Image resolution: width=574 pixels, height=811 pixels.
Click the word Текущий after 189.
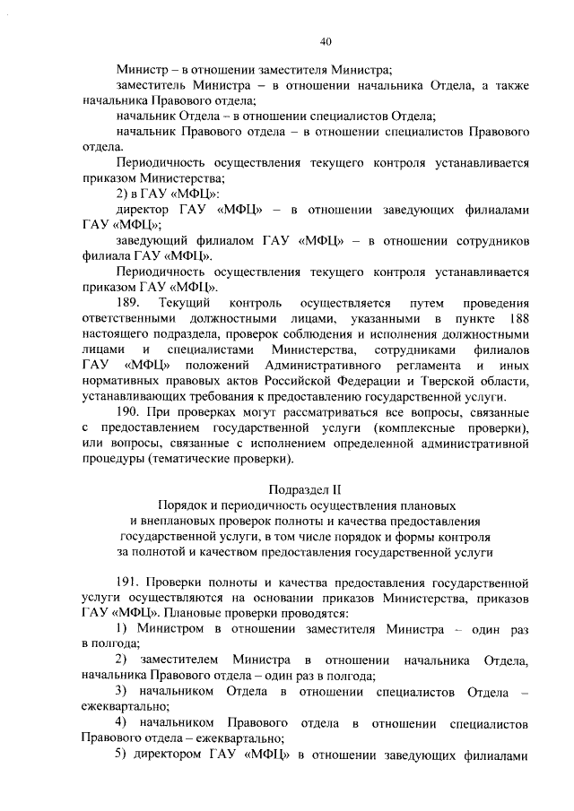pos(183,303)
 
